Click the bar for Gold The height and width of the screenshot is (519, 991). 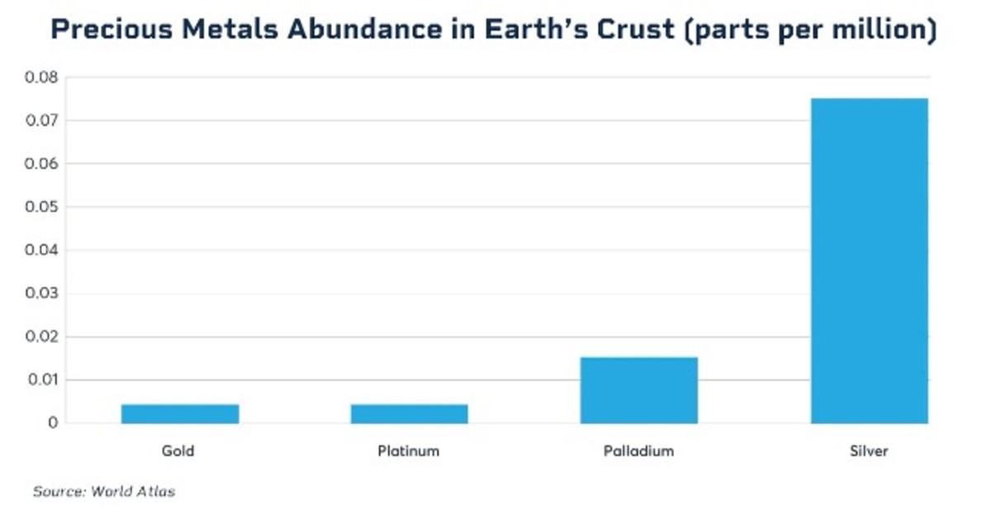coord(180,413)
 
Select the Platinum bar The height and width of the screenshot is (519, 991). coord(409,413)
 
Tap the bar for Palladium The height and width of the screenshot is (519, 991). coord(638,390)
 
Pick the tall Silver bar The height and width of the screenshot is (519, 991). coord(869,260)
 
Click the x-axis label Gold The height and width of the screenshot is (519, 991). coord(178,451)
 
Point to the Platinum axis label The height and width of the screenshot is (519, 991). coord(408,451)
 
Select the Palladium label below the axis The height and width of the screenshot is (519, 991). coord(638,451)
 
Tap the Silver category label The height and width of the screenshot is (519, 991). coord(869,451)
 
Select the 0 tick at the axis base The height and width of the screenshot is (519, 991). coord(53,423)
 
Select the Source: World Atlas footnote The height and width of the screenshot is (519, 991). coord(104,492)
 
